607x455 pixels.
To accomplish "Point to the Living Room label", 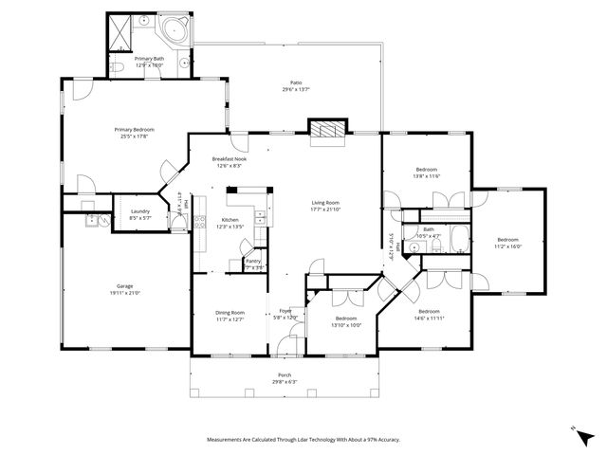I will click(x=325, y=202).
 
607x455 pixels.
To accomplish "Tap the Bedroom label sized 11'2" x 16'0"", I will click(x=508, y=239).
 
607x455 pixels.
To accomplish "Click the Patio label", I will click(x=296, y=82).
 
